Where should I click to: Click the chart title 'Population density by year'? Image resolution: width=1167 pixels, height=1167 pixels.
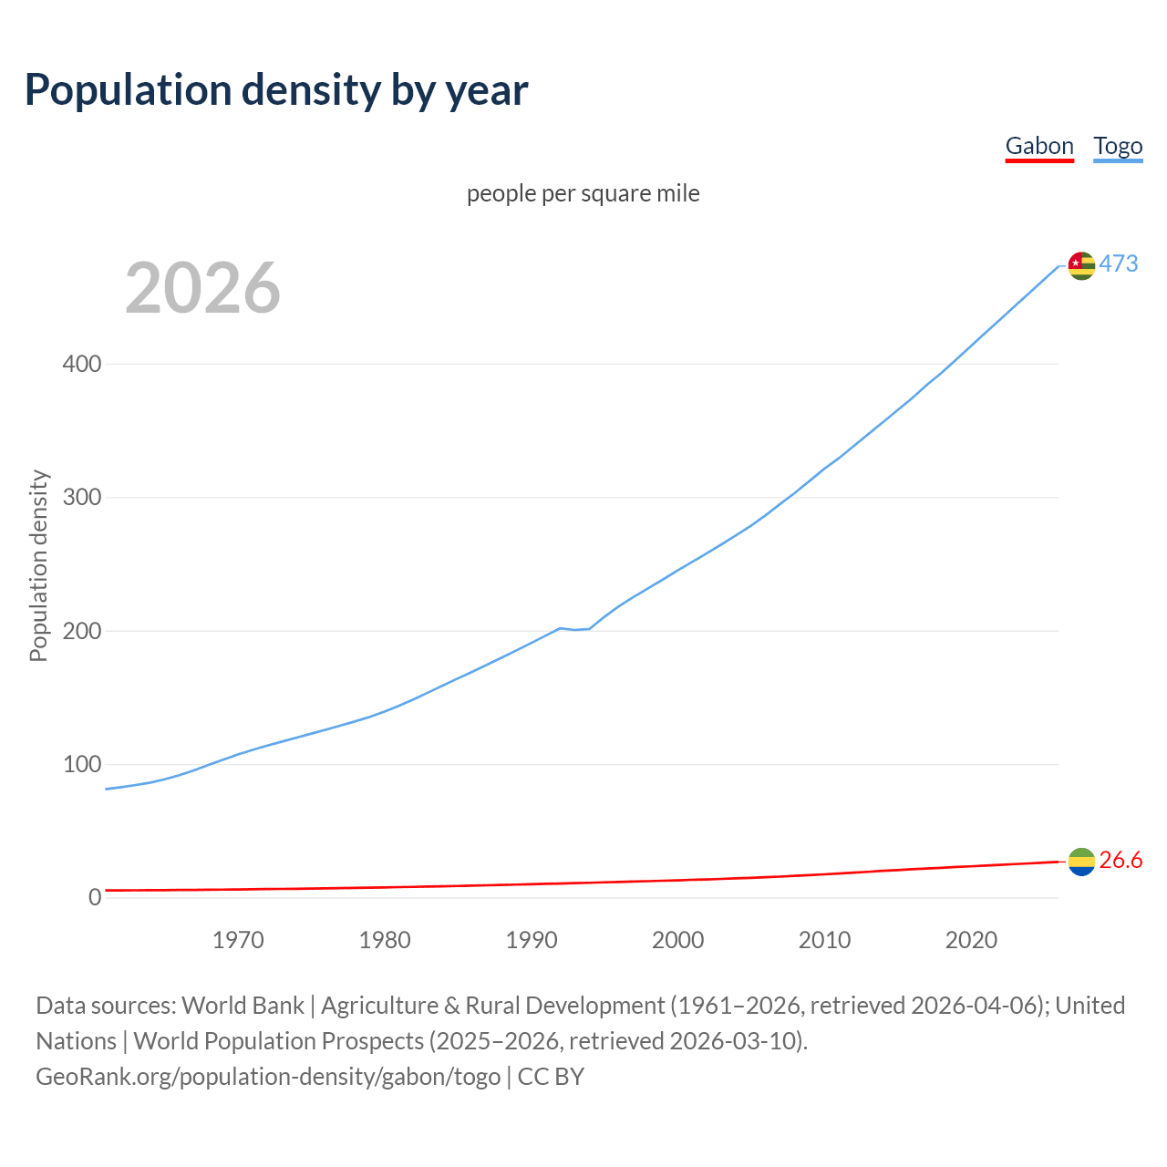(x=276, y=90)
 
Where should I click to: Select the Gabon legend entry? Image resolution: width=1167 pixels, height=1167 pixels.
(x=1039, y=146)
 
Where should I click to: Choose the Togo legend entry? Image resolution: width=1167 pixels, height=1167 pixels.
(x=1118, y=146)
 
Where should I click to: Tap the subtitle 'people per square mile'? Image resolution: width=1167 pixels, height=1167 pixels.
(x=583, y=193)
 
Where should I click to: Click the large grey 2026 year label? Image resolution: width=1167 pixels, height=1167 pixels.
(x=202, y=288)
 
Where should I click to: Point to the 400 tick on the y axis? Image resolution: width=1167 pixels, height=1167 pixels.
(x=81, y=364)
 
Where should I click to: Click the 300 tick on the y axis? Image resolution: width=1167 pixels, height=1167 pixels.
(x=81, y=498)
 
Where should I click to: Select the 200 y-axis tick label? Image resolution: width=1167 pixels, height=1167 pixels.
(x=81, y=631)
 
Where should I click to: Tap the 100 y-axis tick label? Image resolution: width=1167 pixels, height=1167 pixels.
(x=81, y=764)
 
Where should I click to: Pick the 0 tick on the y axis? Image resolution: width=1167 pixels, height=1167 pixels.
(x=95, y=897)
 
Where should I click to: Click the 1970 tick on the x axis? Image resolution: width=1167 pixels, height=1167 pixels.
(x=238, y=940)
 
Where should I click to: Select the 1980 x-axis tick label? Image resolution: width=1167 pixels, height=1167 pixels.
(x=385, y=940)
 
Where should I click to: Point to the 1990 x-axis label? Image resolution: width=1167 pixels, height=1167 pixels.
(x=532, y=940)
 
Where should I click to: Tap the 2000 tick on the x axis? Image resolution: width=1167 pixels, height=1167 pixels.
(x=678, y=940)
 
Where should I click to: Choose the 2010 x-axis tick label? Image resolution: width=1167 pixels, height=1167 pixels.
(x=824, y=940)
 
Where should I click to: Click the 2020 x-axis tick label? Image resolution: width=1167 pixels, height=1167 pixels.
(x=971, y=940)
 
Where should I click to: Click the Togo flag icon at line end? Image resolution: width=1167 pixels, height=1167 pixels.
(x=1081, y=265)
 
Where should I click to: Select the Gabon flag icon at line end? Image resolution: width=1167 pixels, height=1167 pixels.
(x=1081, y=862)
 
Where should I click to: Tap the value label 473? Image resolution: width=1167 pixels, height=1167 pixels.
(x=1119, y=263)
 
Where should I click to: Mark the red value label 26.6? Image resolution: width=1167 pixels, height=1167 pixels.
(x=1121, y=860)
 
